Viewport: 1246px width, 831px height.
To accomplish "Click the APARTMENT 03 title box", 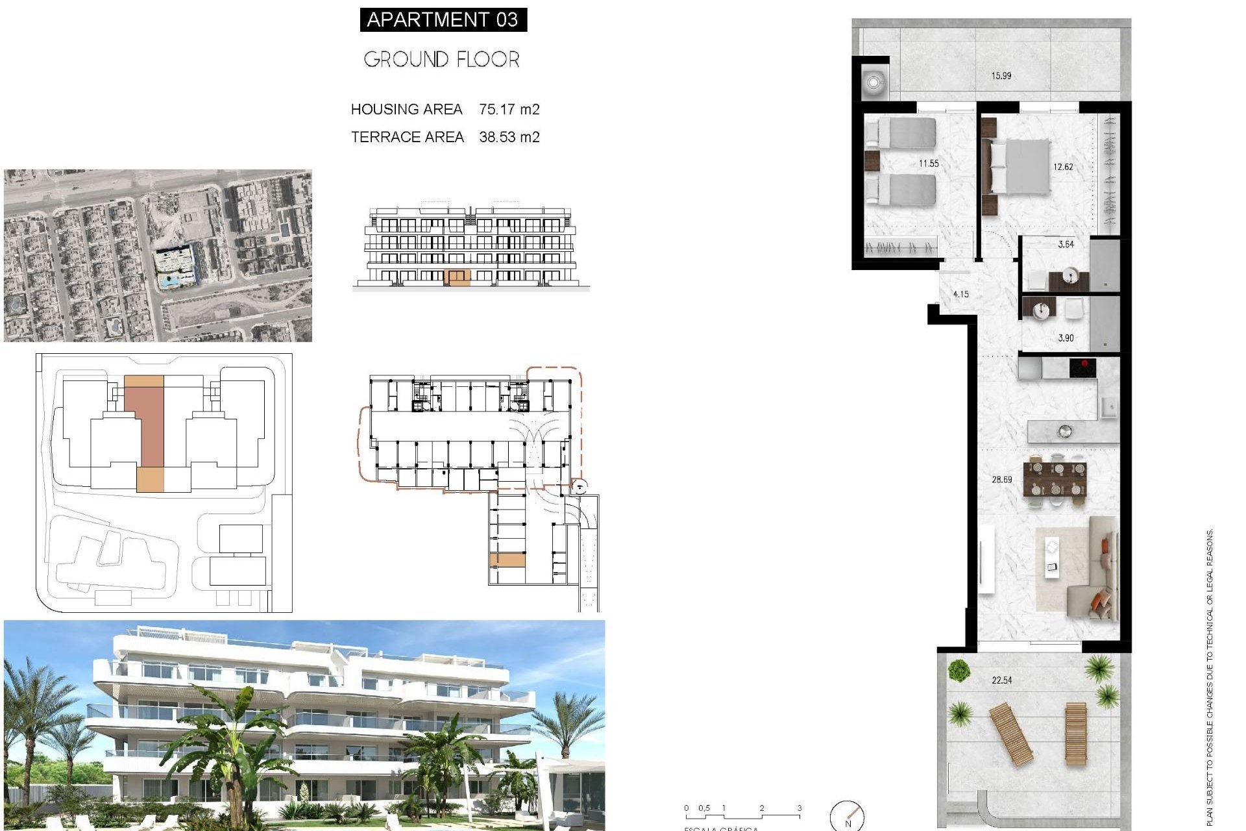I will click(x=443, y=19).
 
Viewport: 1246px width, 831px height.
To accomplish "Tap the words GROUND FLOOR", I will click(x=441, y=60).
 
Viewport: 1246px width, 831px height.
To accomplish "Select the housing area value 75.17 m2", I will click(x=509, y=109).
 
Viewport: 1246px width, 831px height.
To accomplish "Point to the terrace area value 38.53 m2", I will click(x=509, y=137).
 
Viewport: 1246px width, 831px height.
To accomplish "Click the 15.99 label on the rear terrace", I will click(x=1001, y=76).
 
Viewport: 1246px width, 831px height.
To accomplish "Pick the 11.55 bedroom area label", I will click(x=928, y=164).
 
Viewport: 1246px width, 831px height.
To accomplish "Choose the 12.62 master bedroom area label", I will click(x=1063, y=167).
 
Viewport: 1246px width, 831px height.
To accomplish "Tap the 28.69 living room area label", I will click(x=1001, y=480).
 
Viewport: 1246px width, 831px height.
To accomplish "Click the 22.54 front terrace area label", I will click(x=1001, y=680).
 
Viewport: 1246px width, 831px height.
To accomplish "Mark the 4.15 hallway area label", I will click(x=960, y=294).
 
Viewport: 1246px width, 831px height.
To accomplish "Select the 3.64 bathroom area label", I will click(x=1066, y=245).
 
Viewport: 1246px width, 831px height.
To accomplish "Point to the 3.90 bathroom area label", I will click(x=1066, y=338).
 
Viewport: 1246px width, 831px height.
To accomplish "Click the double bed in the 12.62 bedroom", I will click(x=1019, y=167).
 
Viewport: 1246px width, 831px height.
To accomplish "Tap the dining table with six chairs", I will click(x=1055, y=478).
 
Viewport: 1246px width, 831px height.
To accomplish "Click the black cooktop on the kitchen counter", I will click(x=1082, y=368).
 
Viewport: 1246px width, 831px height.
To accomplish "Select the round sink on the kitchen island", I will click(x=1064, y=430).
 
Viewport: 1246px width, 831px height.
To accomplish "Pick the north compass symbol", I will click(x=848, y=816).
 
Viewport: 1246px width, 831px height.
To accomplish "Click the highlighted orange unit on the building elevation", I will click(x=458, y=278).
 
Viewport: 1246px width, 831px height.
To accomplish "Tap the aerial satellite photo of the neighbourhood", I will click(x=158, y=256).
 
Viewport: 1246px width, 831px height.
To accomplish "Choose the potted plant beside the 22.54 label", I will click(x=958, y=669).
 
